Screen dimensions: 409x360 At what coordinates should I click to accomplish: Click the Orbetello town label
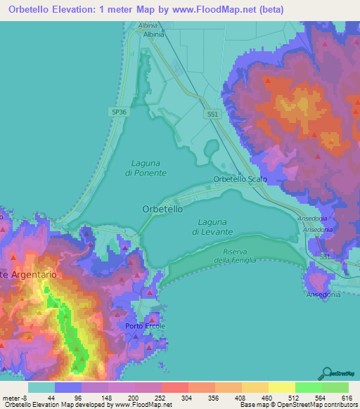[162, 209]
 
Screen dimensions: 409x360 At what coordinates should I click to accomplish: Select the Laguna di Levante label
[212, 226]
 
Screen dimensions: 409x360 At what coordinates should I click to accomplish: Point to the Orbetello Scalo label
[240, 180]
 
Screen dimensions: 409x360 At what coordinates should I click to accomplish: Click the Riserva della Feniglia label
[232, 256]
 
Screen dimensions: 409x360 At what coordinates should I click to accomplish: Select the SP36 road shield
[120, 112]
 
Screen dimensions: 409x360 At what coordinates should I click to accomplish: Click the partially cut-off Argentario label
[27, 273]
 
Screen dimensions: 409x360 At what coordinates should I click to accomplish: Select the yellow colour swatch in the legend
[254, 387]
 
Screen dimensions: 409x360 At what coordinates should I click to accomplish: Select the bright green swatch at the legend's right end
[335, 387]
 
